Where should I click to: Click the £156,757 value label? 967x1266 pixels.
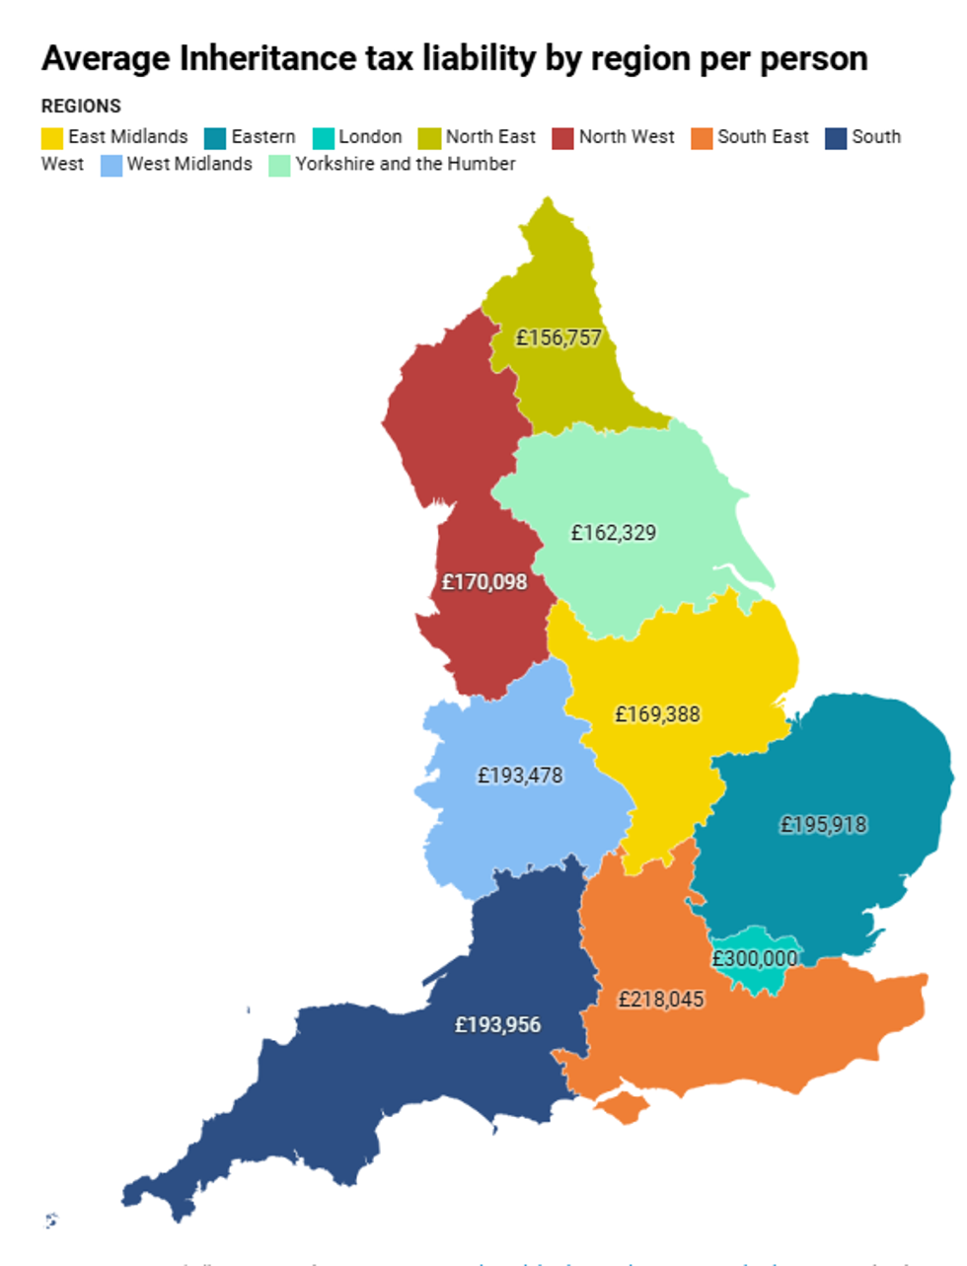pyautogui.click(x=558, y=338)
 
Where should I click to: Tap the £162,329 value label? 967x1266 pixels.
pyautogui.click(x=613, y=533)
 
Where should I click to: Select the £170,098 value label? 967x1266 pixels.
pyautogui.click(x=484, y=582)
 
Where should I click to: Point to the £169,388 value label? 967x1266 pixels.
pyautogui.click(x=657, y=714)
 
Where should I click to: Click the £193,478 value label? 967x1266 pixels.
pyautogui.click(x=520, y=776)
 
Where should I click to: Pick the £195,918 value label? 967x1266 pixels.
pyautogui.click(x=823, y=825)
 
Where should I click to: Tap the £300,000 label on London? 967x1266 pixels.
pyautogui.click(x=755, y=959)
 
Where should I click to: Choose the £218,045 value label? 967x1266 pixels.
pyautogui.click(x=661, y=1000)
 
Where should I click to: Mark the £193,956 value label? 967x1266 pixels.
pyautogui.click(x=497, y=1025)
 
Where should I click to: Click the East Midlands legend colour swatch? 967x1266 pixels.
pyautogui.click(x=52, y=138)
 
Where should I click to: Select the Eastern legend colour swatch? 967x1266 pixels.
pyautogui.click(x=215, y=138)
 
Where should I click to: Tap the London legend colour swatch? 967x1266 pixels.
pyautogui.click(x=323, y=138)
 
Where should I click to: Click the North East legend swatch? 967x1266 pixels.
pyautogui.click(x=429, y=138)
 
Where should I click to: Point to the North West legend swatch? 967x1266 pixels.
pyautogui.click(x=562, y=138)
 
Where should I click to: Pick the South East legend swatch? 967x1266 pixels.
pyautogui.click(x=702, y=138)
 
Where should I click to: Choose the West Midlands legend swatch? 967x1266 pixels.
pyautogui.click(x=112, y=165)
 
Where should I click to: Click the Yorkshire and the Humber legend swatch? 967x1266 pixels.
pyautogui.click(x=279, y=165)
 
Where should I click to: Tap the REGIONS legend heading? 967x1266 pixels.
pyautogui.click(x=81, y=107)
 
